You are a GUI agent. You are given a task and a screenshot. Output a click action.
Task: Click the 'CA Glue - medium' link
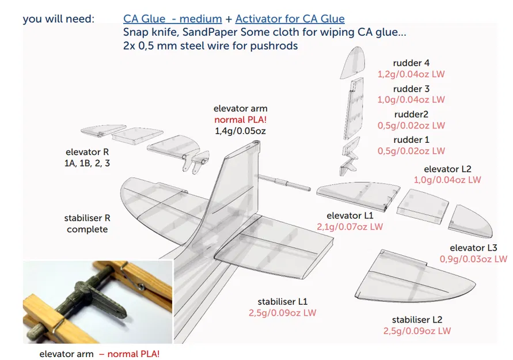click(x=173, y=19)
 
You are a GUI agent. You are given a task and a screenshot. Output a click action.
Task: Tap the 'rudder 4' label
click(x=411, y=63)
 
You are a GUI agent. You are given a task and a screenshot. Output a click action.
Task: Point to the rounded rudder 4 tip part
click(x=352, y=64)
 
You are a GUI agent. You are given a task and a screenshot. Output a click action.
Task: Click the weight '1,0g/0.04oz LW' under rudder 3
click(x=411, y=100)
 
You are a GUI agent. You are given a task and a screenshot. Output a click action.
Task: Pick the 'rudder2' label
click(x=411, y=114)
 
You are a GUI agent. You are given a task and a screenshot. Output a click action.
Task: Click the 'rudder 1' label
click(x=411, y=139)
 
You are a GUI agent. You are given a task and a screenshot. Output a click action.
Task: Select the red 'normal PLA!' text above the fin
click(x=240, y=120)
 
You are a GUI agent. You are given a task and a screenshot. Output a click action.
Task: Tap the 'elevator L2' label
click(x=447, y=169)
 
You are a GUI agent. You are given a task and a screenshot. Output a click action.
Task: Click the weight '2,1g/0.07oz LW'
click(x=350, y=226)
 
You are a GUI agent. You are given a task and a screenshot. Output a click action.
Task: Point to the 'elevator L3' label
click(x=473, y=248)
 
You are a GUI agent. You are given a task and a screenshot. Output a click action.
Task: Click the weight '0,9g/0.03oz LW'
click(x=473, y=259)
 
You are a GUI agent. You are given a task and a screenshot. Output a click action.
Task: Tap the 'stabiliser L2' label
click(x=417, y=320)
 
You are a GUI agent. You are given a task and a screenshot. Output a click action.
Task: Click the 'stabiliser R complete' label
click(x=87, y=223)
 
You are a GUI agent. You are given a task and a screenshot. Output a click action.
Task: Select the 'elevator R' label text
click(x=87, y=152)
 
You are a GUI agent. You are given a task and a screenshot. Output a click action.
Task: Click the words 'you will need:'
click(x=58, y=19)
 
